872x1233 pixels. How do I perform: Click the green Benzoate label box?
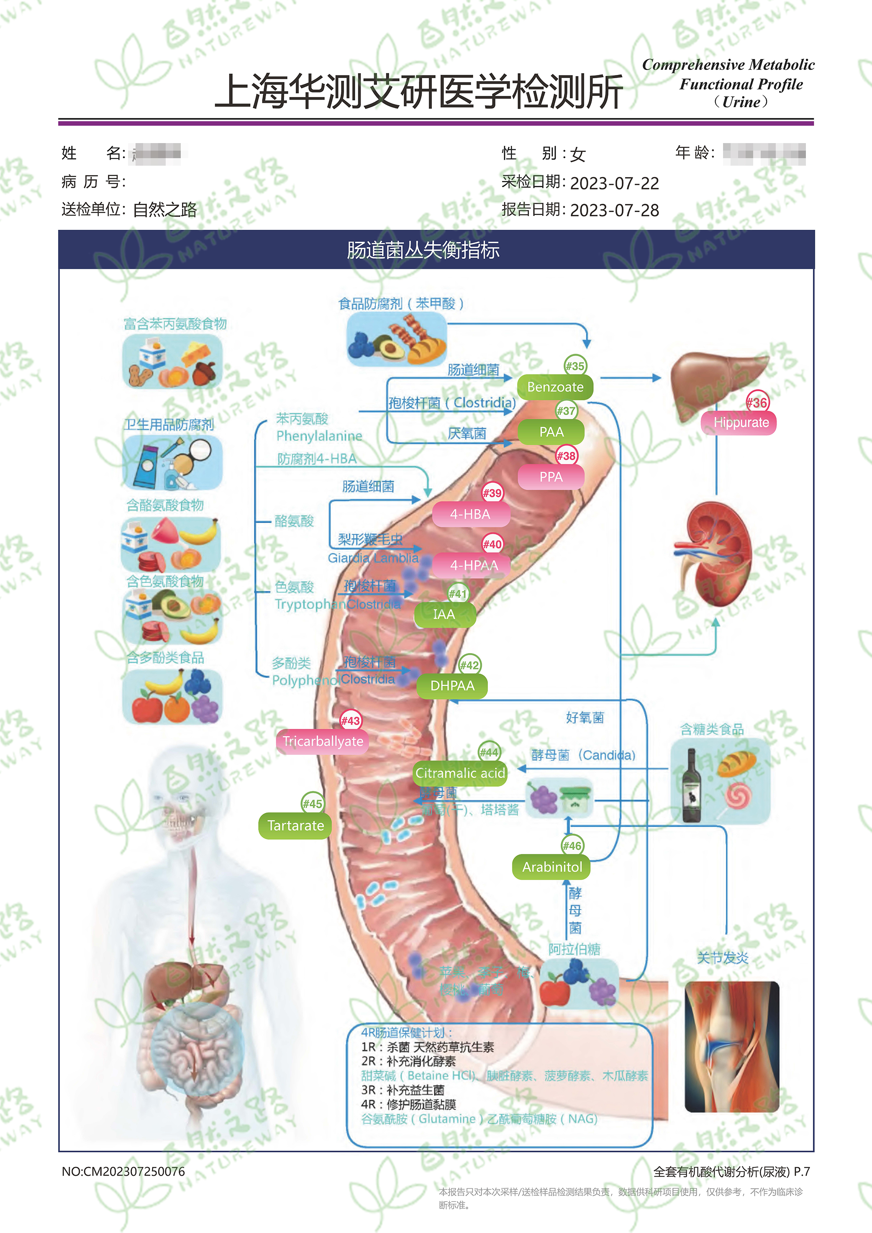point(555,387)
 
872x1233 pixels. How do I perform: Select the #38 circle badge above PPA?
point(566,456)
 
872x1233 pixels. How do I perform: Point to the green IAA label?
point(444,614)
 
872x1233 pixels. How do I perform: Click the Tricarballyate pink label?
point(323,742)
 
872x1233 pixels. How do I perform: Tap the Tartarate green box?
point(295,825)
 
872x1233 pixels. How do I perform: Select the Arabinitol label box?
point(551,867)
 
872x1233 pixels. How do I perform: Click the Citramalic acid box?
point(460,773)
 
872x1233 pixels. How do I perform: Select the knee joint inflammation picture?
point(731,1047)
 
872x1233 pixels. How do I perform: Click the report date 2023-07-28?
point(614,210)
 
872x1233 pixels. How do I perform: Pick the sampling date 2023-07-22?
point(614,183)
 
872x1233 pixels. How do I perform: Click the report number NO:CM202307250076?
point(123,1171)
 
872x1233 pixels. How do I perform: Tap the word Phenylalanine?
point(319,436)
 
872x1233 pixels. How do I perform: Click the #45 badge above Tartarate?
point(312,804)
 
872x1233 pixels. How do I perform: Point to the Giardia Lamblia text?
point(373,558)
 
